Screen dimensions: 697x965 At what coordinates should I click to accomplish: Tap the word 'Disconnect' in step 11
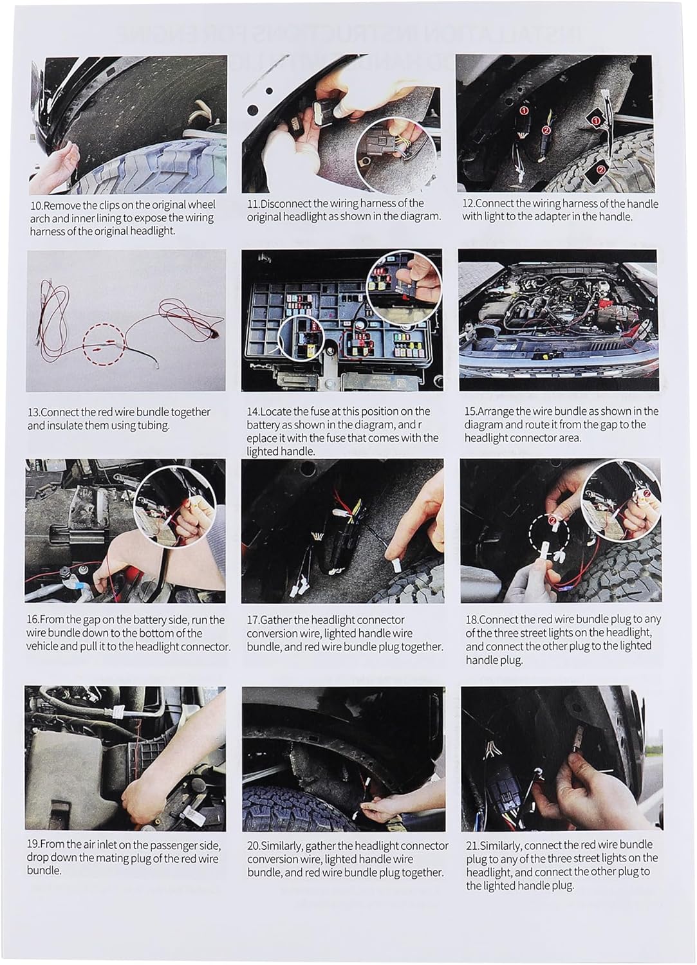(286, 203)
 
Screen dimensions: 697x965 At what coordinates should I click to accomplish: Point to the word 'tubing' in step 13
(153, 426)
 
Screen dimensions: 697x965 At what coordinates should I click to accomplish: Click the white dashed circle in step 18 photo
(549, 535)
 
